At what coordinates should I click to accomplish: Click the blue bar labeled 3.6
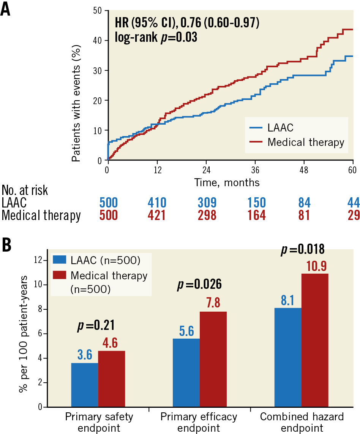pos(85,385)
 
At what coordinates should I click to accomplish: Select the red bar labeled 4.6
pos(112,379)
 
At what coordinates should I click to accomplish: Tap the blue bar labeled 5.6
pos(186,372)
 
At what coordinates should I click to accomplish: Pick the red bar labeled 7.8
pos(213,359)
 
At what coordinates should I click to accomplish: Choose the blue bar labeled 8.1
pos(288,357)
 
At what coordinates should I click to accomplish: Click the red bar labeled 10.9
pos(315,340)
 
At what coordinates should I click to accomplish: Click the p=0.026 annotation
pos(199,284)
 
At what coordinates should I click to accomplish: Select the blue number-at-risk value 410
pos(157,203)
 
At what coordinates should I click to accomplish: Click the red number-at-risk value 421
pos(156,215)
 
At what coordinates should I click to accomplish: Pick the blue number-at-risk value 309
pos(207,203)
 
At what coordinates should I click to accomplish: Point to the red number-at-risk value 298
pos(207,215)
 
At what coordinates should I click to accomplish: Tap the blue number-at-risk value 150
pos(256,203)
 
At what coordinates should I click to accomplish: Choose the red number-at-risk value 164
pos(256,215)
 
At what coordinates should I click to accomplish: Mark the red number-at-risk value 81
pos(304,215)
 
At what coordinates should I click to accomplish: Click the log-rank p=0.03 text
pos(156,38)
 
